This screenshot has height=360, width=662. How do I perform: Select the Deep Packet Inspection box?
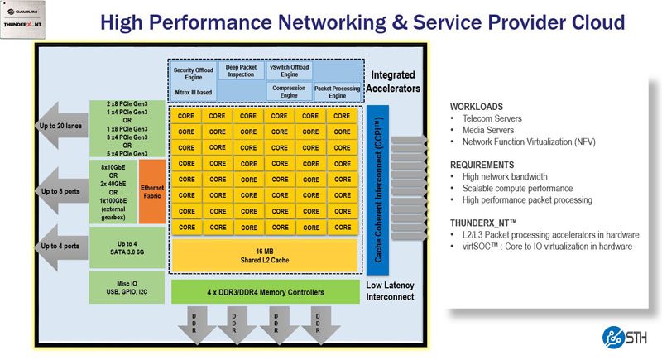click(242, 71)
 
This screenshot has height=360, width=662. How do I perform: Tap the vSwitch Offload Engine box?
click(289, 71)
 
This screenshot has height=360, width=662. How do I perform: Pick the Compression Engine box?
click(289, 91)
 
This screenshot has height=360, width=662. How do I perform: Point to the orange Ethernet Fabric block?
click(152, 193)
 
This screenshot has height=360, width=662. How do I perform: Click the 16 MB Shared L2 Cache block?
click(264, 255)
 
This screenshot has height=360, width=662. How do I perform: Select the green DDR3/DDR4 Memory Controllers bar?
click(264, 292)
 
